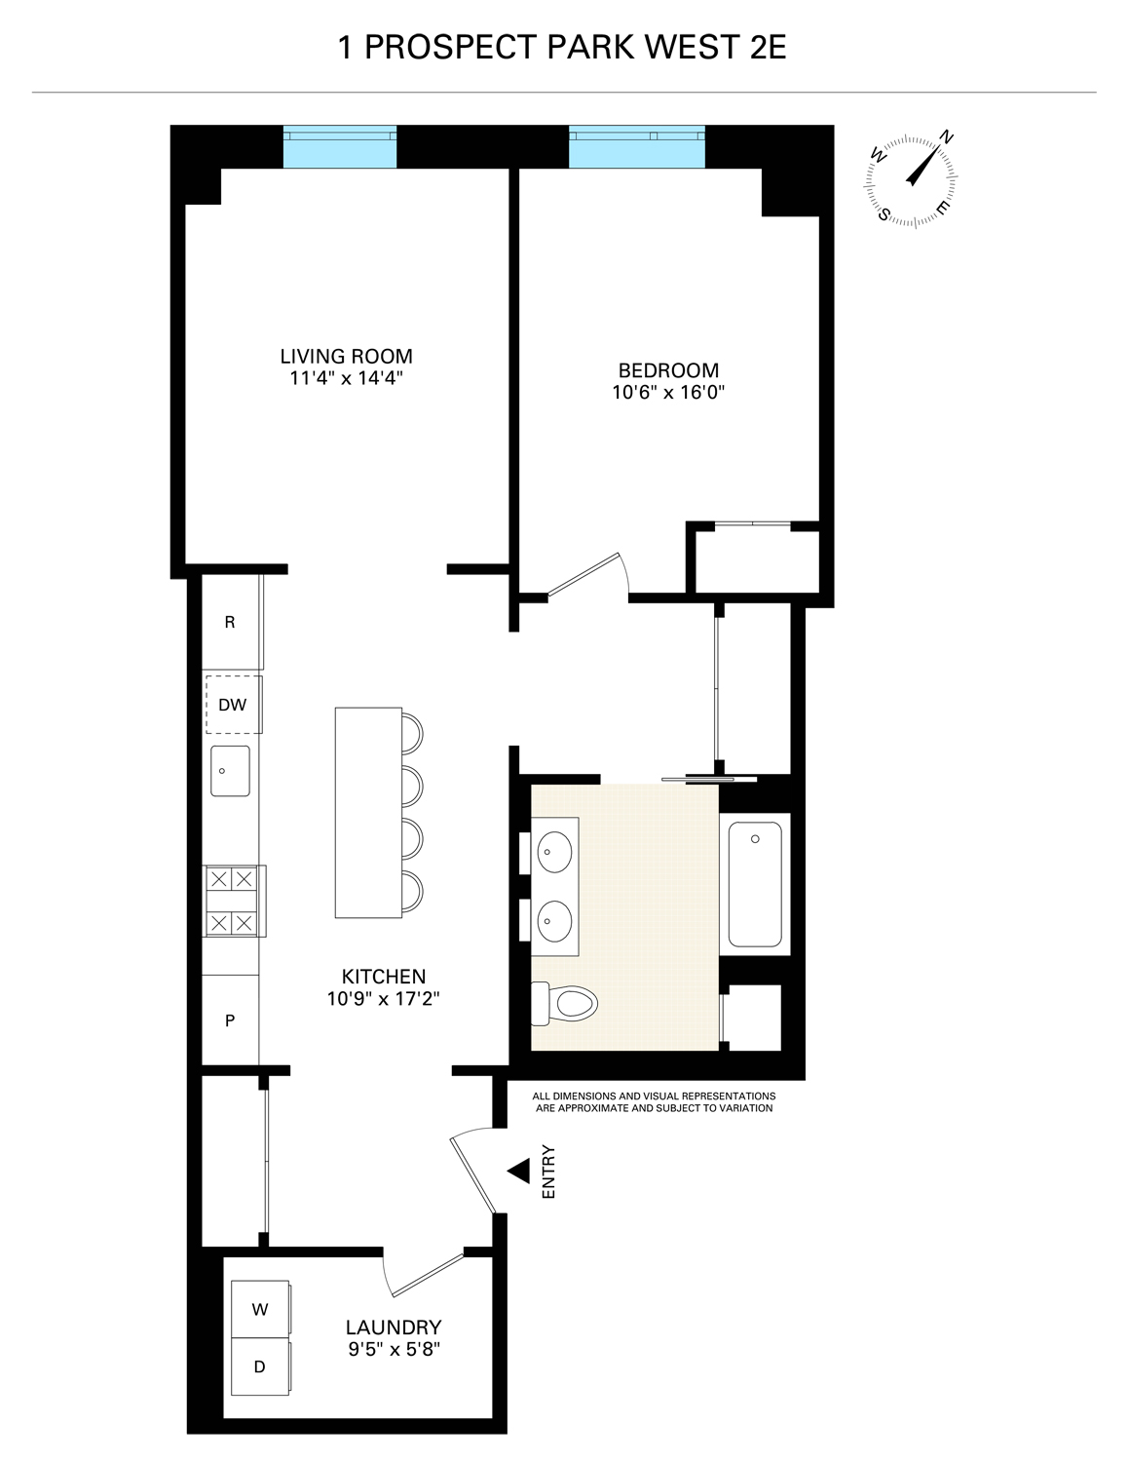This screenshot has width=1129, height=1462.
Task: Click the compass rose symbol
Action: click(x=912, y=177)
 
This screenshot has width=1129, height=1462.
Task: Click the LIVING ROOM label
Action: click(x=346, y=356)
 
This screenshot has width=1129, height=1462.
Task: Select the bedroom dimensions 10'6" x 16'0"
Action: click(x=668, y=393)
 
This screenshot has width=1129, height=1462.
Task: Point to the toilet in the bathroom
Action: click(x=564, y=1003)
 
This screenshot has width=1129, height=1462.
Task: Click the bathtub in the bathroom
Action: click(x=755, y=884)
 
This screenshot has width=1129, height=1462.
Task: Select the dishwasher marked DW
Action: click(x=233, y=704)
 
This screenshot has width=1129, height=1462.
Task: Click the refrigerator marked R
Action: click(x=230, y=622)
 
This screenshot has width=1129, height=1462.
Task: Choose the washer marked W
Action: click(x=260, y=1309)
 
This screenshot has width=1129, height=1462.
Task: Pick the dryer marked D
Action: click(x=260, y=1366)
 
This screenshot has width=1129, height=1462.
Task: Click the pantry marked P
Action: click(x=230, y=1020)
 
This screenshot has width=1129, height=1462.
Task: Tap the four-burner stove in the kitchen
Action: click(x=232, y=901)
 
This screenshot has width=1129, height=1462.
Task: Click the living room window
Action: click(x=340, y=147)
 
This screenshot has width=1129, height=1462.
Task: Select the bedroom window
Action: click(x=636, y=147)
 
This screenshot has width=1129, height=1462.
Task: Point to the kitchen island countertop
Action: click(x=367, y=812)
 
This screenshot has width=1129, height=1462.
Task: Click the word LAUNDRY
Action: click(x=394, y=1327)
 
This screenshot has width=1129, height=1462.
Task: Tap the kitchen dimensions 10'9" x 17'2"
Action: click(x=384, y=998)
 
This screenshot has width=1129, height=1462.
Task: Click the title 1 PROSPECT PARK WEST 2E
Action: click(x=562, y=48)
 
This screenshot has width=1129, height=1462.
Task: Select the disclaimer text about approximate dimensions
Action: click(x=654, y=1101)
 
